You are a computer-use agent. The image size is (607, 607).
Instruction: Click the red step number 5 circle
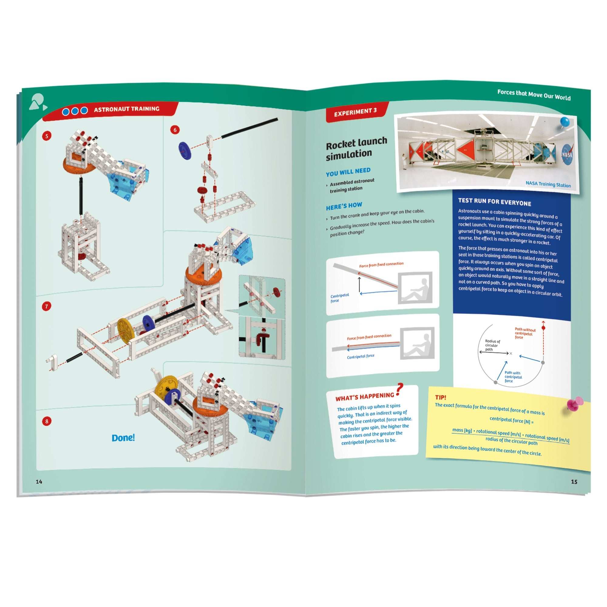tap(47, 136)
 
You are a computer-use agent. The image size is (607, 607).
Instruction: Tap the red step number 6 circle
tap(175, 130)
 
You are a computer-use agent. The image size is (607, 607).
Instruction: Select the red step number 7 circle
tap(46, 306)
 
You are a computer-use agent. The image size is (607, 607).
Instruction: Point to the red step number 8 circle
tap(47, 421)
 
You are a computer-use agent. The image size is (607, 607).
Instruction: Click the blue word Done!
tap(123, 438)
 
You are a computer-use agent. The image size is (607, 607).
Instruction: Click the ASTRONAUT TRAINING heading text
tap(127, 109)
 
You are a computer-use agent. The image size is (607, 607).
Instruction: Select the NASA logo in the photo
tap(567, 154)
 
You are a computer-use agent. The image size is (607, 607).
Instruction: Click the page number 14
tap(39, 482)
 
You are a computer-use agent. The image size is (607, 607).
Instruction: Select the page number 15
tap(574, 482)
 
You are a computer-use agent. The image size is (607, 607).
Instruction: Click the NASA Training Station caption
tap(548, 184)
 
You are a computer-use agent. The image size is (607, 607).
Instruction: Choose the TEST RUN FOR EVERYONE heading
tap(494, 202)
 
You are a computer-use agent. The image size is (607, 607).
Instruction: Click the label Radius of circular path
tap(492, 345)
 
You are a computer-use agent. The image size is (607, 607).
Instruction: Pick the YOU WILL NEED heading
tap(348, 172)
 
